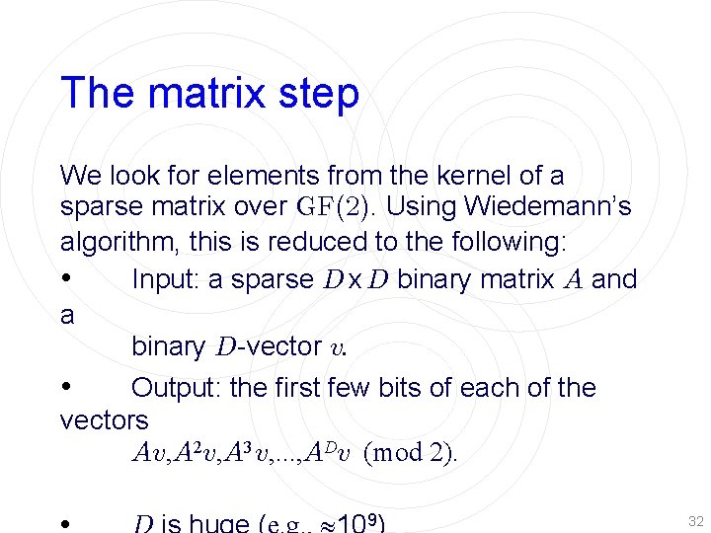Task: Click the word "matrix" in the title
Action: (203, 94)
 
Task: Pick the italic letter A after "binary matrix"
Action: (573, 280)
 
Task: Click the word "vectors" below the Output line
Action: (104, 420)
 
